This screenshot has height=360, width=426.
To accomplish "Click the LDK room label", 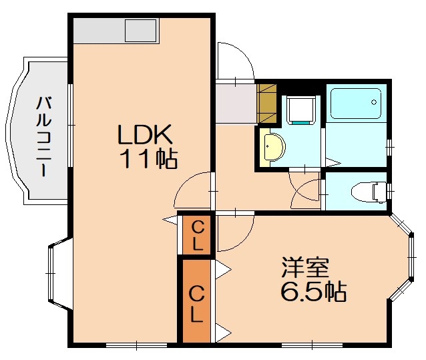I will (146, 136).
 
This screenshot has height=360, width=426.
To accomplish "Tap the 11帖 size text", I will (148, 159).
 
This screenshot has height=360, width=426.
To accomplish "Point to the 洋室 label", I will (305, 268).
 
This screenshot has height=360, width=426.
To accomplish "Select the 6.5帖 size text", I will (312, 292).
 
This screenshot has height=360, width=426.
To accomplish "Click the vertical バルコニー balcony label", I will (43, 137).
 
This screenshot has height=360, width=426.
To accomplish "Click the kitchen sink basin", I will (140, 31).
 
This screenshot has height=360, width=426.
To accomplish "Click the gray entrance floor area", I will (235, 102).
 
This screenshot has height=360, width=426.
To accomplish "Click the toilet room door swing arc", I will (306, 192).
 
